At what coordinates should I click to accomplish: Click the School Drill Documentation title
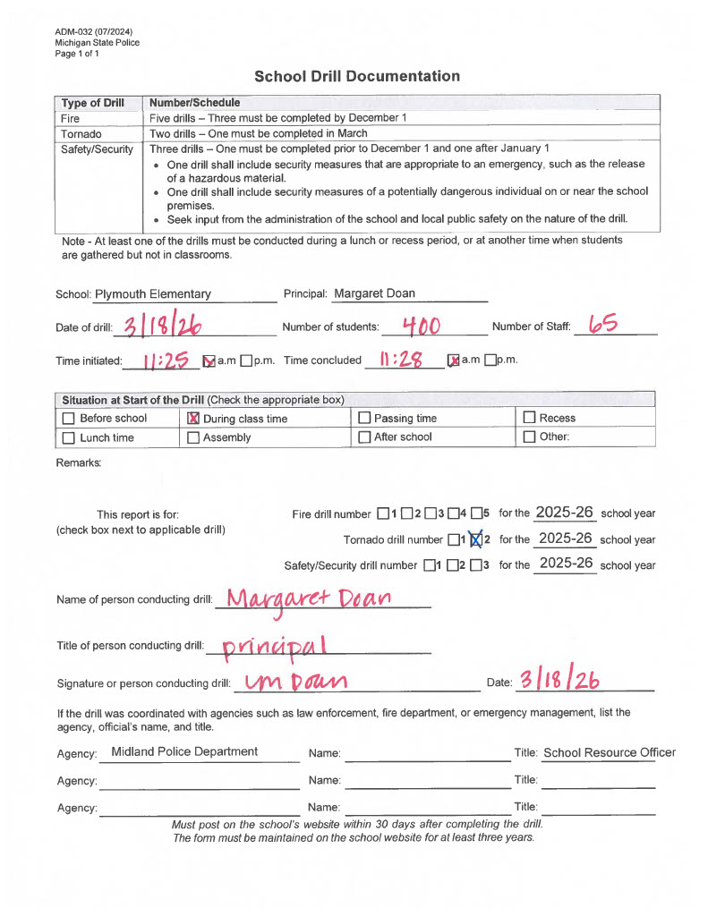click(357, 76)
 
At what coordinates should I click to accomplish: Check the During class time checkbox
click(193, 419)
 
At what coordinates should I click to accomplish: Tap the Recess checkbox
click(529, 419)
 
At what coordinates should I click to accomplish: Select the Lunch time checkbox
click(69, 437)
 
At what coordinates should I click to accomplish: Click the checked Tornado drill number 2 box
click(475, 539)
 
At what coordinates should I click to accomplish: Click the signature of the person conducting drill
click(290, 683)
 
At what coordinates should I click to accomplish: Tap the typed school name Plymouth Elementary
click(153, 294)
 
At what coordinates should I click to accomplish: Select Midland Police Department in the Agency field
click(184, 752)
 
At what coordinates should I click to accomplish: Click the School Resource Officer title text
click(610, 753)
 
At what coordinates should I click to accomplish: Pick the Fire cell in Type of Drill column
click(71, 118)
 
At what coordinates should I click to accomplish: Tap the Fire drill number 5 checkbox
click(476, 514)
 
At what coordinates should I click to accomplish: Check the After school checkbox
click(364, 437)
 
